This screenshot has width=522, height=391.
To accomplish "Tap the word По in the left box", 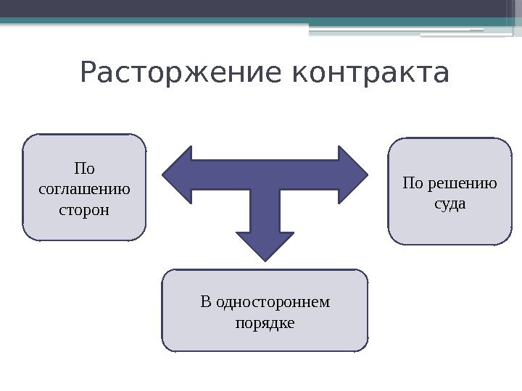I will click(84, 170).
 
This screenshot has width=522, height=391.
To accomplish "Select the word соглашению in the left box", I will click(84, 190).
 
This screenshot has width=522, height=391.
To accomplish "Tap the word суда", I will click(449, 204).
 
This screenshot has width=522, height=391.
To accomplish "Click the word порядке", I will click(265, 322).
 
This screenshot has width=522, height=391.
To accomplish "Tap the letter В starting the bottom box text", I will click(204, 301).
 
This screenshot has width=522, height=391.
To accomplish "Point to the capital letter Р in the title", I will click(90, 73).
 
